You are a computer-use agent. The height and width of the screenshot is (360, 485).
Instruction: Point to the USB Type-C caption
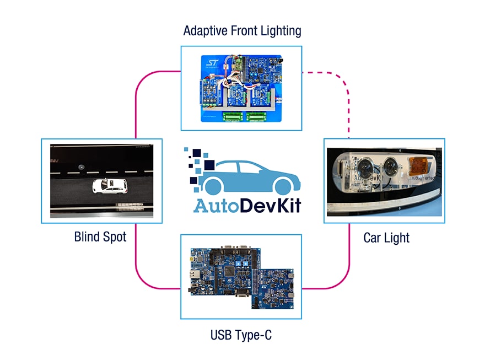click(x=241, y=335)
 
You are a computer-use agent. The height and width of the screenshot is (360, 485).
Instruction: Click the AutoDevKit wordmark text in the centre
click(x=247, y=205)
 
